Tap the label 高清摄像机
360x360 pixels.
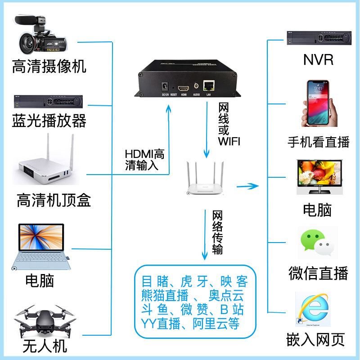[49, 67]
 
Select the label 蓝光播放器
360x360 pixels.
[49, 120]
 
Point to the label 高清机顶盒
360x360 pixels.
[54, 200]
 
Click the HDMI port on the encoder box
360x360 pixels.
[184, 87]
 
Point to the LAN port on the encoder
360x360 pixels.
[209, 85]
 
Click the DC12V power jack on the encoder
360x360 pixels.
[165, 86]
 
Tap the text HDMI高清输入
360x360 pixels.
[144, 160]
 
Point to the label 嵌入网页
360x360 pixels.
[316, 339]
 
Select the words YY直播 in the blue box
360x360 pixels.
[160, 323]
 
